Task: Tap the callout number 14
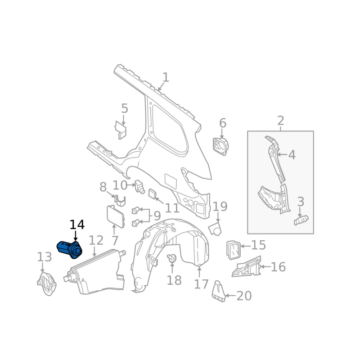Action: (x=77, y=225)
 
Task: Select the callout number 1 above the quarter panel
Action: (x=166, y=77)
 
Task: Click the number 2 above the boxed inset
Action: (x=280, y=121)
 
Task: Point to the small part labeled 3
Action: (x=301, y=220)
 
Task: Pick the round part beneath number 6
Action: (x=220, y=146)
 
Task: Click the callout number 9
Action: (x=157, y=216)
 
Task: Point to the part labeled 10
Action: (x=139, y=185)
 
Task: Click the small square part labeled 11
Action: (x=153, y=193)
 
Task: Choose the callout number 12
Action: (x=96, y=241)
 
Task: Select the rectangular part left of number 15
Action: (x=233, y=250)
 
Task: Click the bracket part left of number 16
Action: (x=246, y=266)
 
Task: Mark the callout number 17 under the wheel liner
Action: (x=201, y=284)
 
